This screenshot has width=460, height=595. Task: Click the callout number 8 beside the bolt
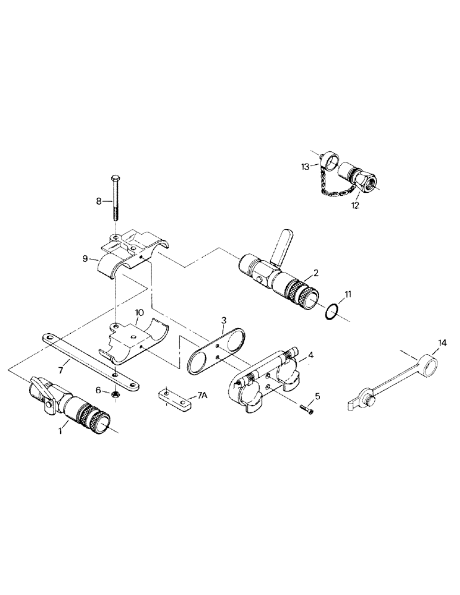pyautogui.click(x=99, y=202)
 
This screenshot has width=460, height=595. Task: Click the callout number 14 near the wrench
pyautogui.click(x=442, y=343)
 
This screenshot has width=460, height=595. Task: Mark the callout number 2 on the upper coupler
pyautogui.click(x=316, y=273)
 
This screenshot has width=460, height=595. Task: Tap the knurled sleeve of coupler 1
pyautogui.click(x=88, y=416)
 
